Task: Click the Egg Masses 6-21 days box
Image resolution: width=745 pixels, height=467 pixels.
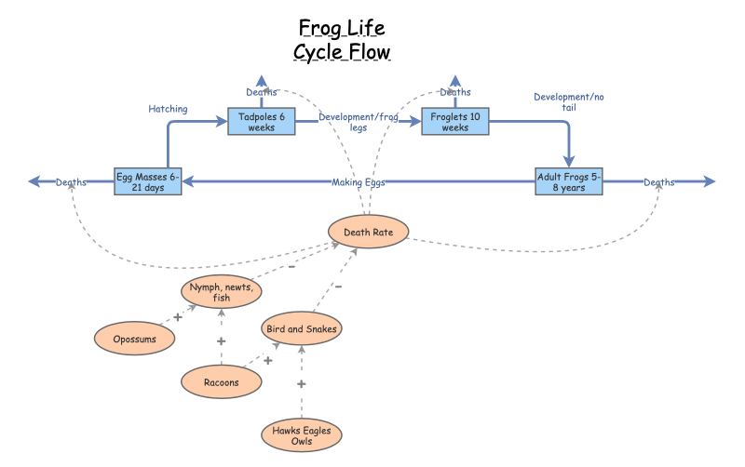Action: [x=147, y=181]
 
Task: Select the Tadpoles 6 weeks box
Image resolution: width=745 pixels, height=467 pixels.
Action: [x=261, y=122]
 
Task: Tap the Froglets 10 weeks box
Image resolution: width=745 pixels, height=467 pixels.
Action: [x=454, y=122]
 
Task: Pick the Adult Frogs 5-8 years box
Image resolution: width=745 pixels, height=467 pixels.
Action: [x=569, y=181]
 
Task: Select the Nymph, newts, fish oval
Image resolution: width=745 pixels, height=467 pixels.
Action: [x=222, y=292]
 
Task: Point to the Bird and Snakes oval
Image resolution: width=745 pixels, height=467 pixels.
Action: [x=301, y=328]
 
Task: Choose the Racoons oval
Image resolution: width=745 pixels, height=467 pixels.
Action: [x=221, y=381]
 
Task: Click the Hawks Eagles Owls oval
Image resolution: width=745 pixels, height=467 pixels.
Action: [x=301, y=435]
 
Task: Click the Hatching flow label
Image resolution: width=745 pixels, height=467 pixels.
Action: [x=168, y=109]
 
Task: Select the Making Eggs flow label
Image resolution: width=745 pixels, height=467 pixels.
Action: [x=358, y=182]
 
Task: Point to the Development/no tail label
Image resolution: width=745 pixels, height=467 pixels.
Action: [x=568, y=101]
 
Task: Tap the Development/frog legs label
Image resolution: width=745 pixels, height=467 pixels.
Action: [x=358, y=123]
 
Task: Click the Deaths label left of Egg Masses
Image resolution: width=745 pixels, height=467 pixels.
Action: [x=71, y=182]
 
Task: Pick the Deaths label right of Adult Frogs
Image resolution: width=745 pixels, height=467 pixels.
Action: [x=658, y=182]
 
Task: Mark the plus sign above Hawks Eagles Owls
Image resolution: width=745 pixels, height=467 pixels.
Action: [x=301, y=384]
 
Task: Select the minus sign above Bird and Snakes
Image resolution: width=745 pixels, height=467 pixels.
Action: [x=338, y=287]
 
